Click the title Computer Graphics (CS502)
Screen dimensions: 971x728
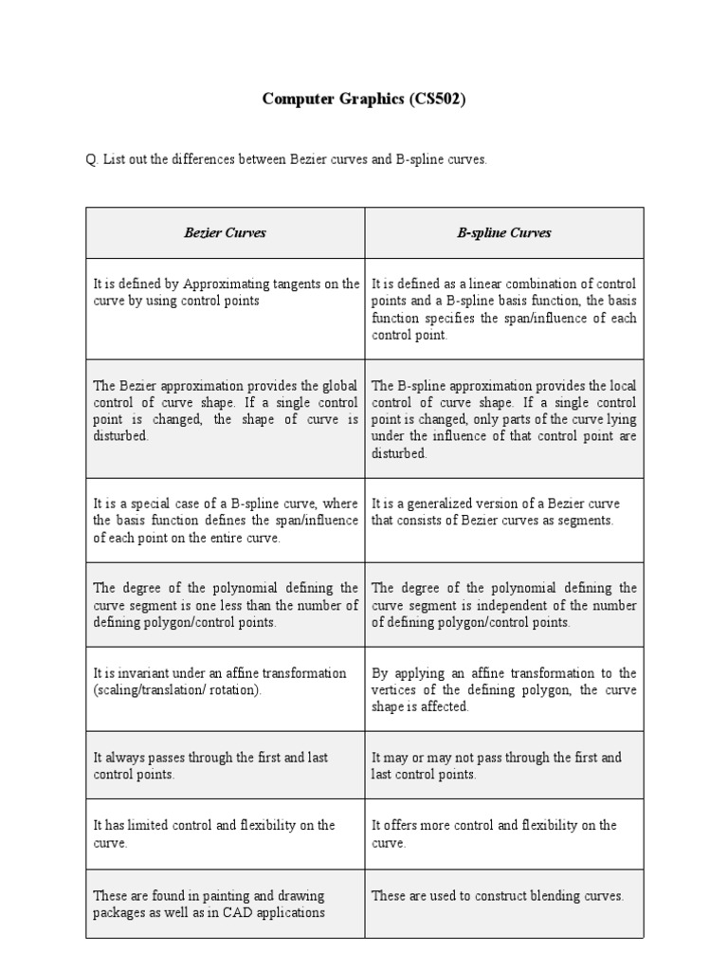tap(364, 101)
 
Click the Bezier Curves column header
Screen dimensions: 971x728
tap(225, 232)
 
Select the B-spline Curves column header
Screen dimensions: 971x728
tap(504, 232)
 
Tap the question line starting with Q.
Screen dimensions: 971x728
tap(286, 160)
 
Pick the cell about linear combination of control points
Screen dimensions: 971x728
tap(504, 309)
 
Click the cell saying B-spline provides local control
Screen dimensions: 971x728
tap(504, 419)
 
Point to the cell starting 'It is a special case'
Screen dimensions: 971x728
tap(226, 521)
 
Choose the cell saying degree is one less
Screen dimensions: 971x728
tap(226, 605)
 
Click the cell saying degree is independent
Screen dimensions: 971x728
tap(504, 605)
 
